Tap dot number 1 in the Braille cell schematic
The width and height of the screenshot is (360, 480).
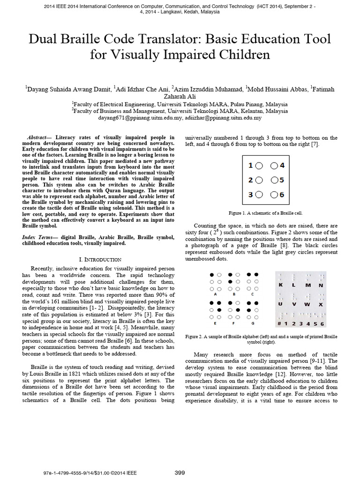(259, 165)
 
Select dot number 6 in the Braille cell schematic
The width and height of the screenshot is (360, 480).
(275, 195)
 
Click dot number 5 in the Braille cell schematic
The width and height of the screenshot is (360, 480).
(275, 180)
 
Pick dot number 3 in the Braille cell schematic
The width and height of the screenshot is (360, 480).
(259, 195)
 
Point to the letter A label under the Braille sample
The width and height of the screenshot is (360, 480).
(215, 295)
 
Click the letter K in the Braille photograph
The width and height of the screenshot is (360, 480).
(280, 285)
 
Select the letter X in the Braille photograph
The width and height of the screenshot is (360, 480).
(321, 304)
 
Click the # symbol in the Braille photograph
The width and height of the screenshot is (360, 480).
(279, 324)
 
